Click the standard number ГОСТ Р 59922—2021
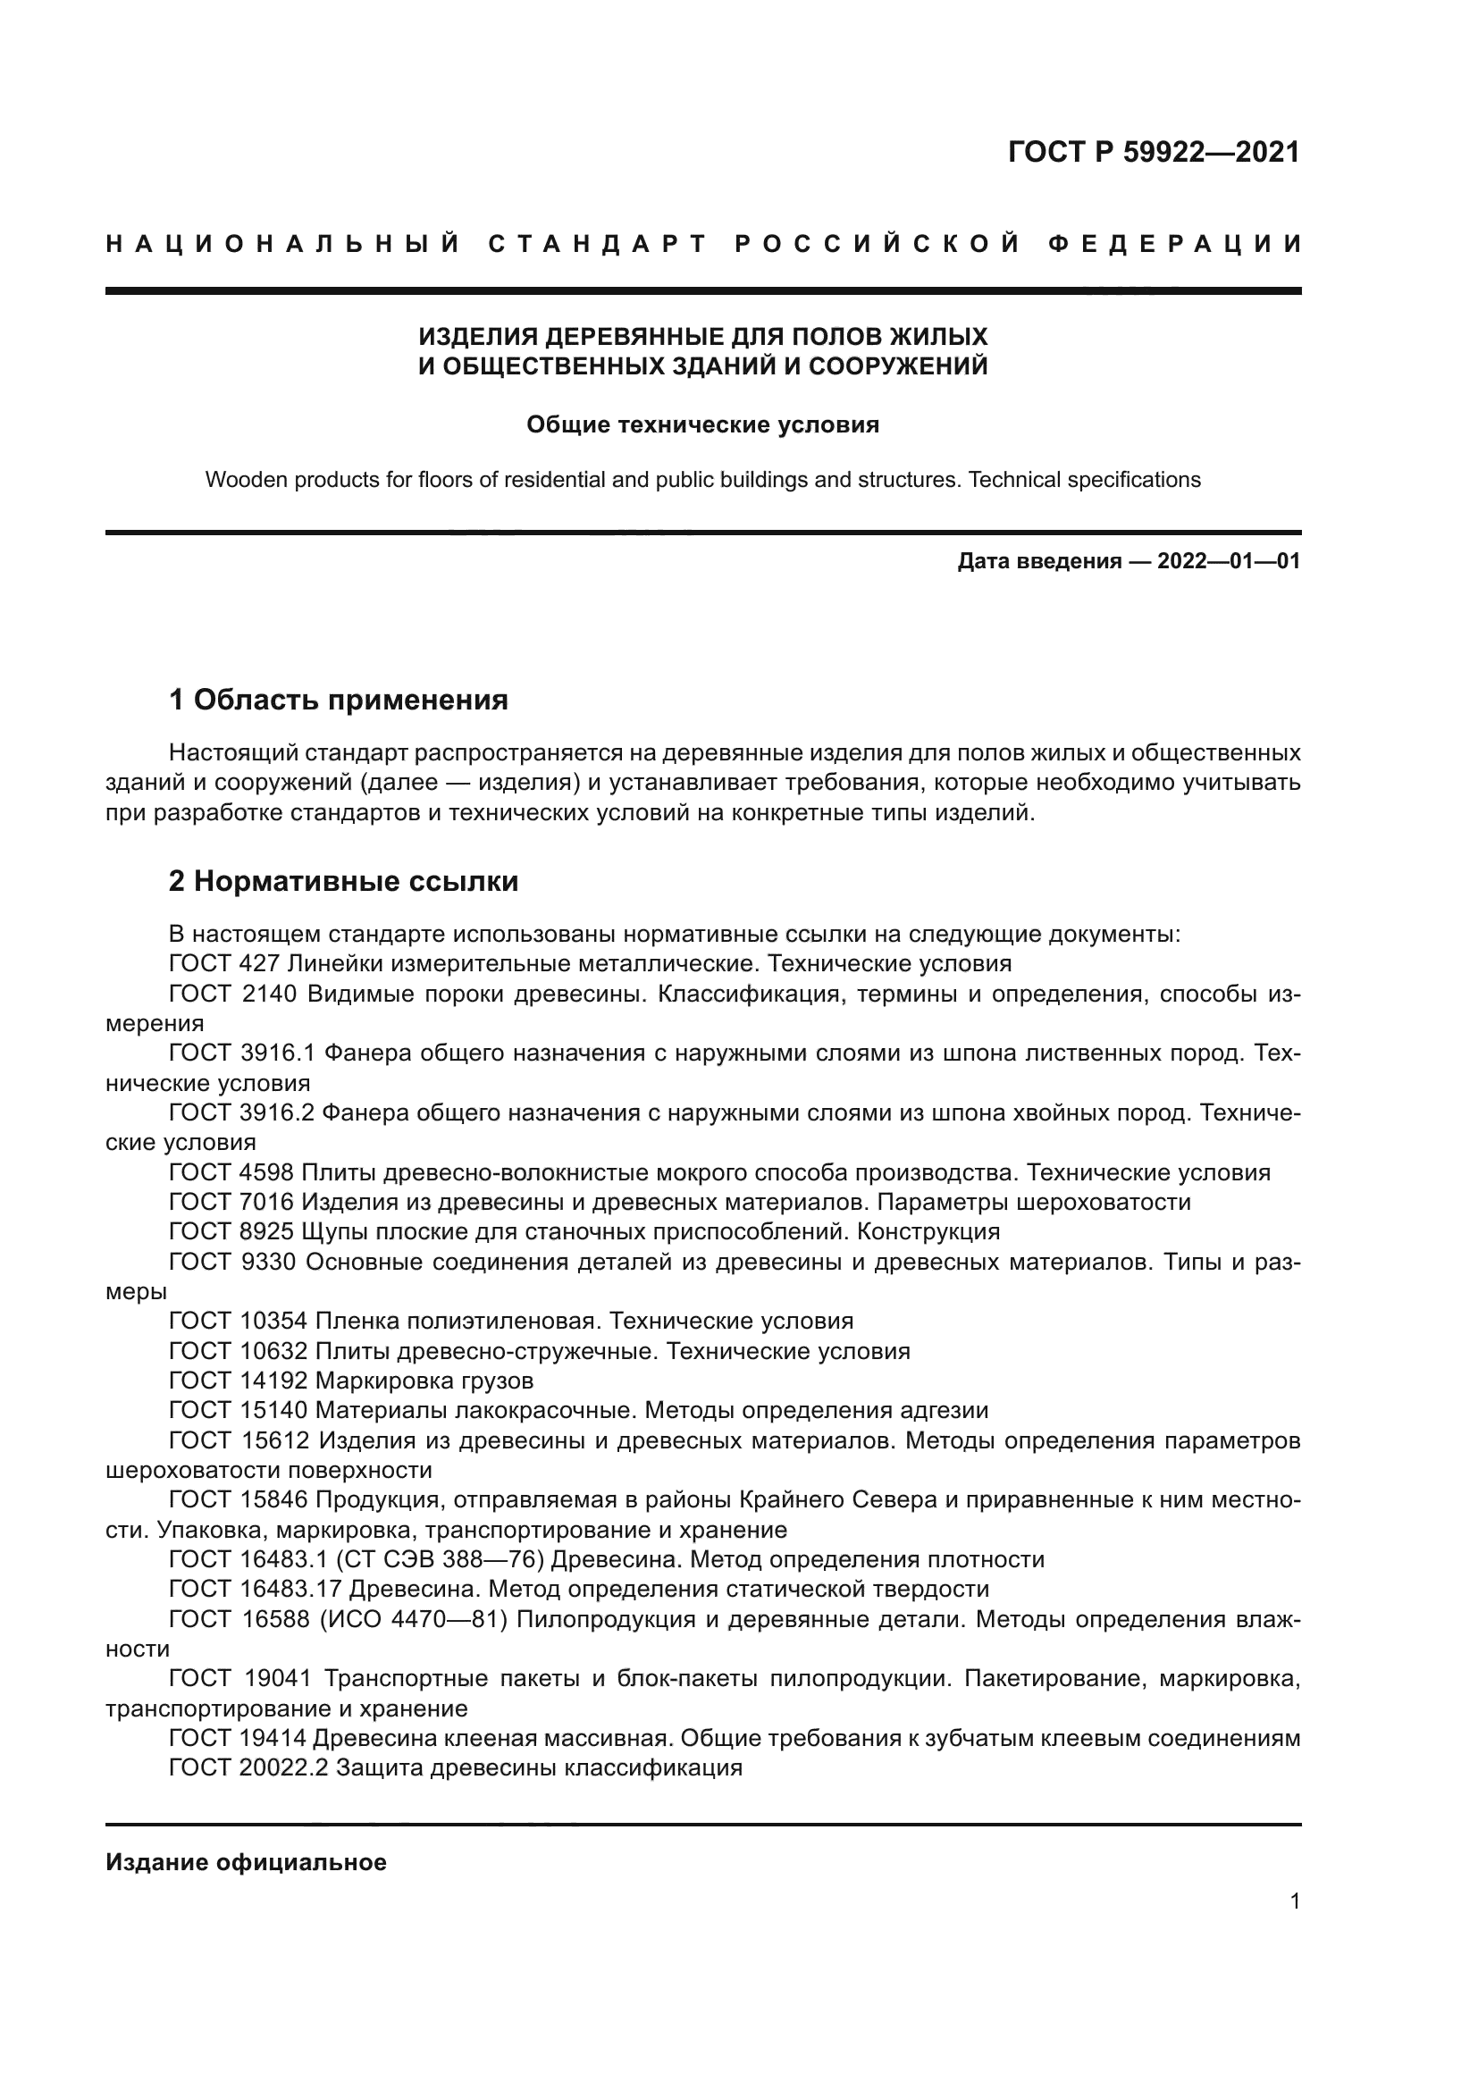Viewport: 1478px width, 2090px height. point(1153,152)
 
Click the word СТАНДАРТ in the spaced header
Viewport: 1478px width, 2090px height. point(597,244)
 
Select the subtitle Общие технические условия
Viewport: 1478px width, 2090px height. point(702,425)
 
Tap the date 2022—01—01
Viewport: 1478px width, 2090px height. point(1229,561)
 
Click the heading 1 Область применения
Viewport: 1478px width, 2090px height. point(339,700)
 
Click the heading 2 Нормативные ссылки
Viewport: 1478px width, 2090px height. point(344,881)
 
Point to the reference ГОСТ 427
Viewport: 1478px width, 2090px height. point(223,963)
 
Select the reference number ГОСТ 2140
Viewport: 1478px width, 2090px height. point(233,994)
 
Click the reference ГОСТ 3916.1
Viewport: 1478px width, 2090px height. point(241,1053)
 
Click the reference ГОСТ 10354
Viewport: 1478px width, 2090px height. point(238,1321)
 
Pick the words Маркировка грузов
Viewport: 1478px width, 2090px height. point(424,1381)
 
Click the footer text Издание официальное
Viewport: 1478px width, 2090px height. point(246,1862)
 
